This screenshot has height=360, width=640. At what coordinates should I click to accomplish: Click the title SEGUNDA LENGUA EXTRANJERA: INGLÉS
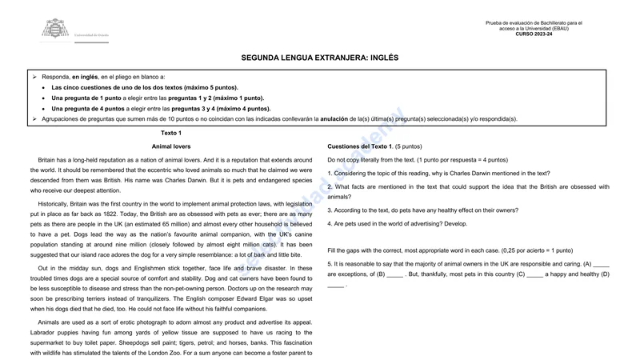pyautogui.click(x=320, y=58)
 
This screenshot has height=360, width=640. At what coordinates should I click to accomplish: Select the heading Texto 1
pyautogui.click(x=171, y=133)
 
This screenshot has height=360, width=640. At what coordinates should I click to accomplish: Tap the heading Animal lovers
pyautogui.click(x=171, y=146)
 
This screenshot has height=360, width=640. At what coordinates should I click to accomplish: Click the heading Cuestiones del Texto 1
pyautogui.click(x=360, y=146)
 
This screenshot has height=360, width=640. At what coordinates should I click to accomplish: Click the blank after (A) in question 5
pyautogui.click(x=602, y=263)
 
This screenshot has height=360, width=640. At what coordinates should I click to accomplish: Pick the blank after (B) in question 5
pyautogui.click(x=395, y=274)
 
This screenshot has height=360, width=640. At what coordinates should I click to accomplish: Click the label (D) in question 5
pyautogui.click(x=606, y=274)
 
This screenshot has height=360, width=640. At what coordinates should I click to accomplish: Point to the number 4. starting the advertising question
pyautogui.click(x=330, y=224)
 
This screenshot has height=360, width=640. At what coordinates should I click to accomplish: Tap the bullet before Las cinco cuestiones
pyautogui.click(x=43, y=87)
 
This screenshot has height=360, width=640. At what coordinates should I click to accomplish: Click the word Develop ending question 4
pyautogui.click(x=455, y=224)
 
